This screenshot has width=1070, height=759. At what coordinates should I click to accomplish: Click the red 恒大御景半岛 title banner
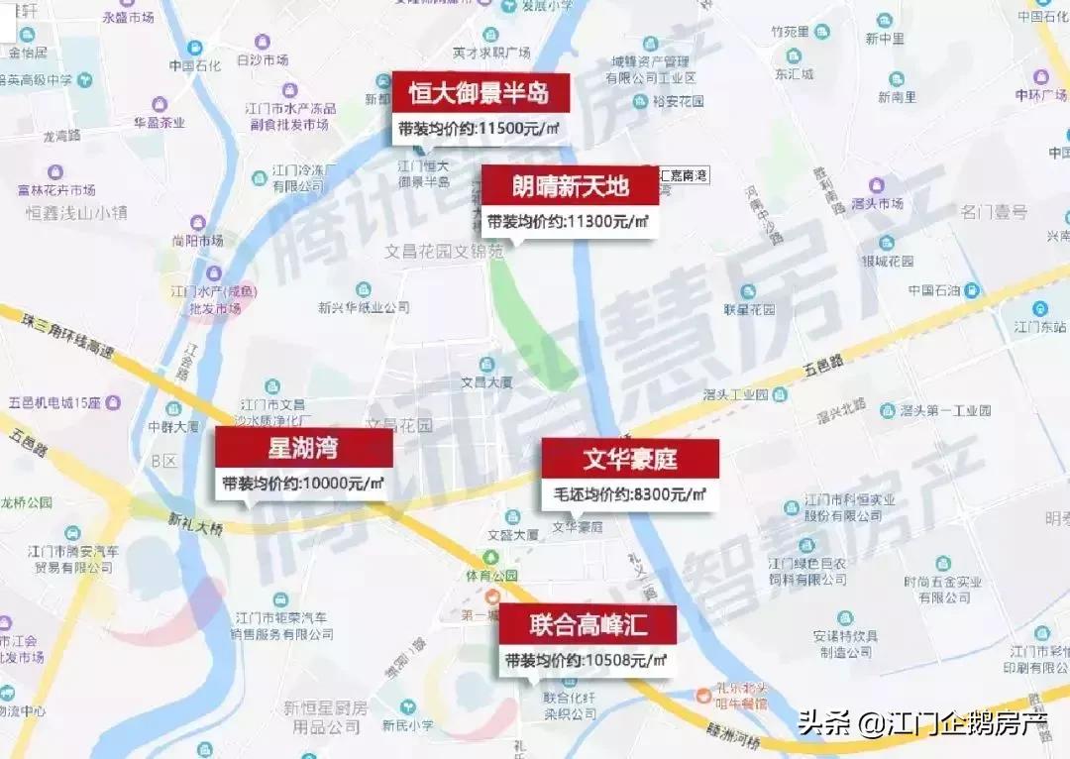(481, 94)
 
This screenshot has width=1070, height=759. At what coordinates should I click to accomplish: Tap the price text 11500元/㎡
(522, 129)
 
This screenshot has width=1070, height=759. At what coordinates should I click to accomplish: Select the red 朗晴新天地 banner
(570, 187)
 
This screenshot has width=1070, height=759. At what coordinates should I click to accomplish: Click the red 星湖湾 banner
(303, 448)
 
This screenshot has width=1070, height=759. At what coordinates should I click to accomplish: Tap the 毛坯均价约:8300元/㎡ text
(628, 494)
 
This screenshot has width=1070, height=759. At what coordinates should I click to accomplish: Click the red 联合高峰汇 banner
(588, 625)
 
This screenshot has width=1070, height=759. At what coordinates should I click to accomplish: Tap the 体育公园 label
(494, 576)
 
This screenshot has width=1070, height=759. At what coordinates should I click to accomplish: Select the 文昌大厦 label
(485, 380)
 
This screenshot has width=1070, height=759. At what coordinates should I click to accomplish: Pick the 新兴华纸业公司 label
(364, 307)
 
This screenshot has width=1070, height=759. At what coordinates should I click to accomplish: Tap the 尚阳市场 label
(197, 240)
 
